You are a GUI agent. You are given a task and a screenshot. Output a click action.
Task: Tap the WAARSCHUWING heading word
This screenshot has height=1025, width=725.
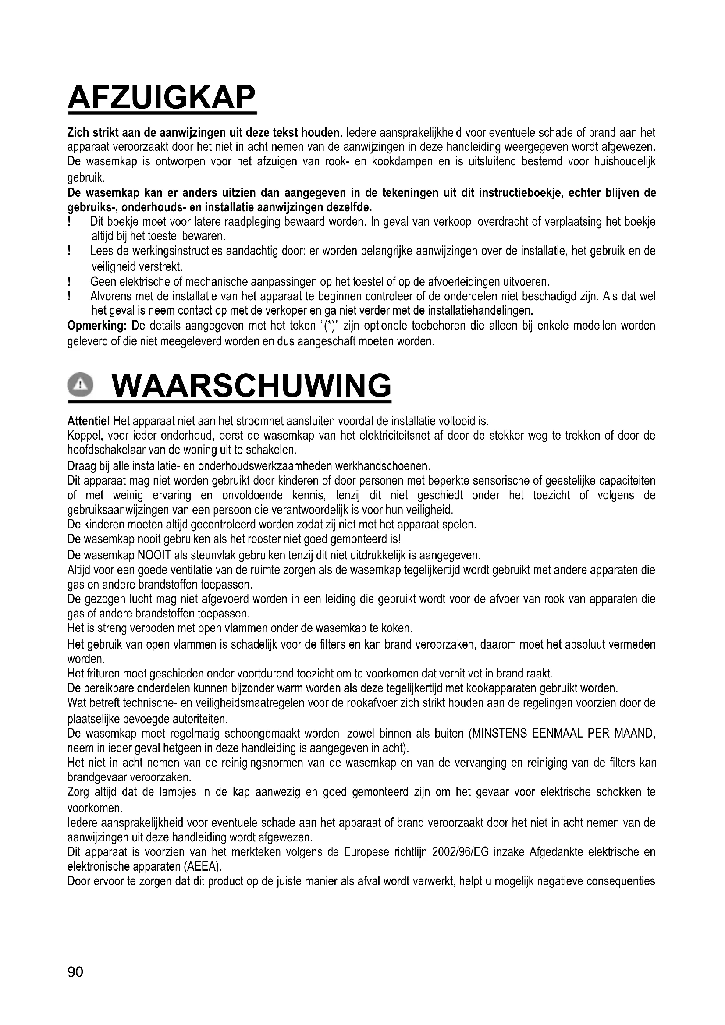(252, 386)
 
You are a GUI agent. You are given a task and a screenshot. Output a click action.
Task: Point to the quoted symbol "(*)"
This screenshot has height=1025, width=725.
(330, 326)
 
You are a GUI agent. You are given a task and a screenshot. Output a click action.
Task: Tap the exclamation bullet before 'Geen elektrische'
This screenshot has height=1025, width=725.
(69, 282)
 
